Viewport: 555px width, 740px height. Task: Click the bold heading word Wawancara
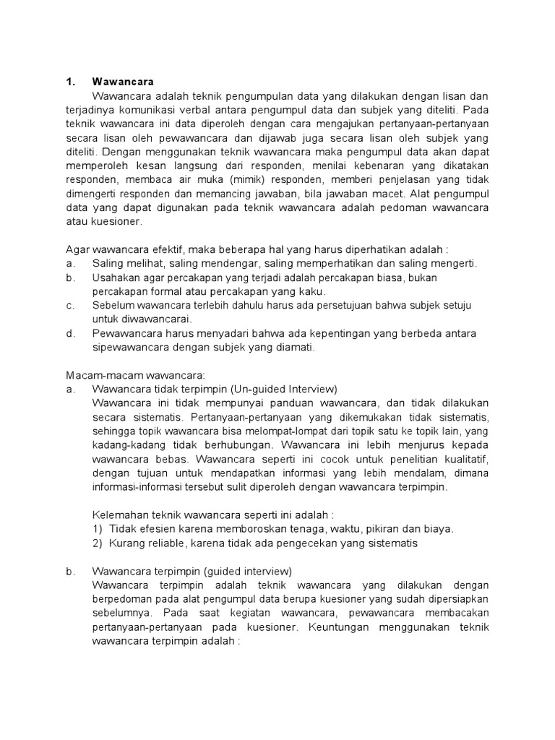(124, 82)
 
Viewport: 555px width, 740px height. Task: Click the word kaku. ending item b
(311, 291)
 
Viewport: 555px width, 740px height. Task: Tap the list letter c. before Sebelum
(70, 306)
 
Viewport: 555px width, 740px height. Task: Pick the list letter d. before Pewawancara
(70, 333)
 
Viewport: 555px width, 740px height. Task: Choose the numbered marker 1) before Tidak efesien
(98, 528)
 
